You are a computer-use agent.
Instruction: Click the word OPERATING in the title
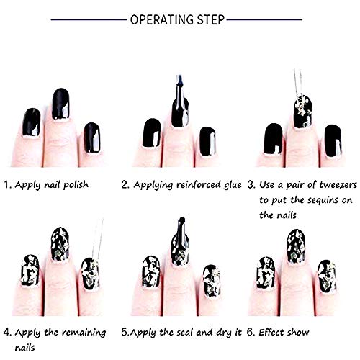pos(165,19)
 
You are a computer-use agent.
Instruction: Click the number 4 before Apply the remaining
pos(6,333)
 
